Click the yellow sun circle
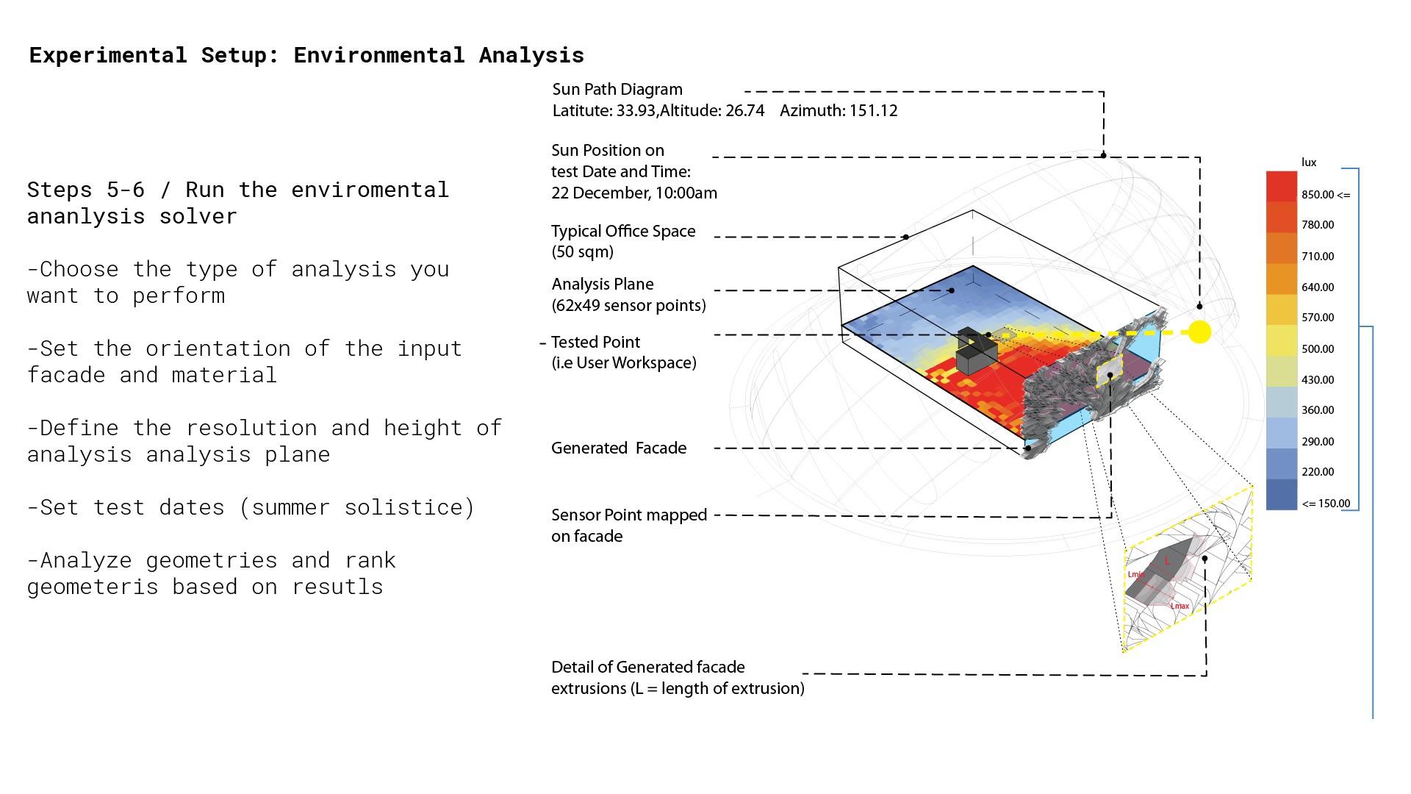(1199, 332)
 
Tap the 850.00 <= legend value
(1326, 195)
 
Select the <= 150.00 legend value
(1326, 504)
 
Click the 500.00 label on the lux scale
(1318, 349)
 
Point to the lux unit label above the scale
(1309, 162)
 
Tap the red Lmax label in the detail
(1180, 607)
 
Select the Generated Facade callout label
(619, 448)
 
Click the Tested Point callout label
(595, 343)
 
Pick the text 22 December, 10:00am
(634, 193)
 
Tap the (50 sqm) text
(582, 252)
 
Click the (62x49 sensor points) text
(628, 306)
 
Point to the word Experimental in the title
(108, 55)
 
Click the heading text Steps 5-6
(86, 190)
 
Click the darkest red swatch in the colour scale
(1281, 187)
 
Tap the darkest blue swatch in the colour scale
(1281, 495)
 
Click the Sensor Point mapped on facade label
(628, 526)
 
